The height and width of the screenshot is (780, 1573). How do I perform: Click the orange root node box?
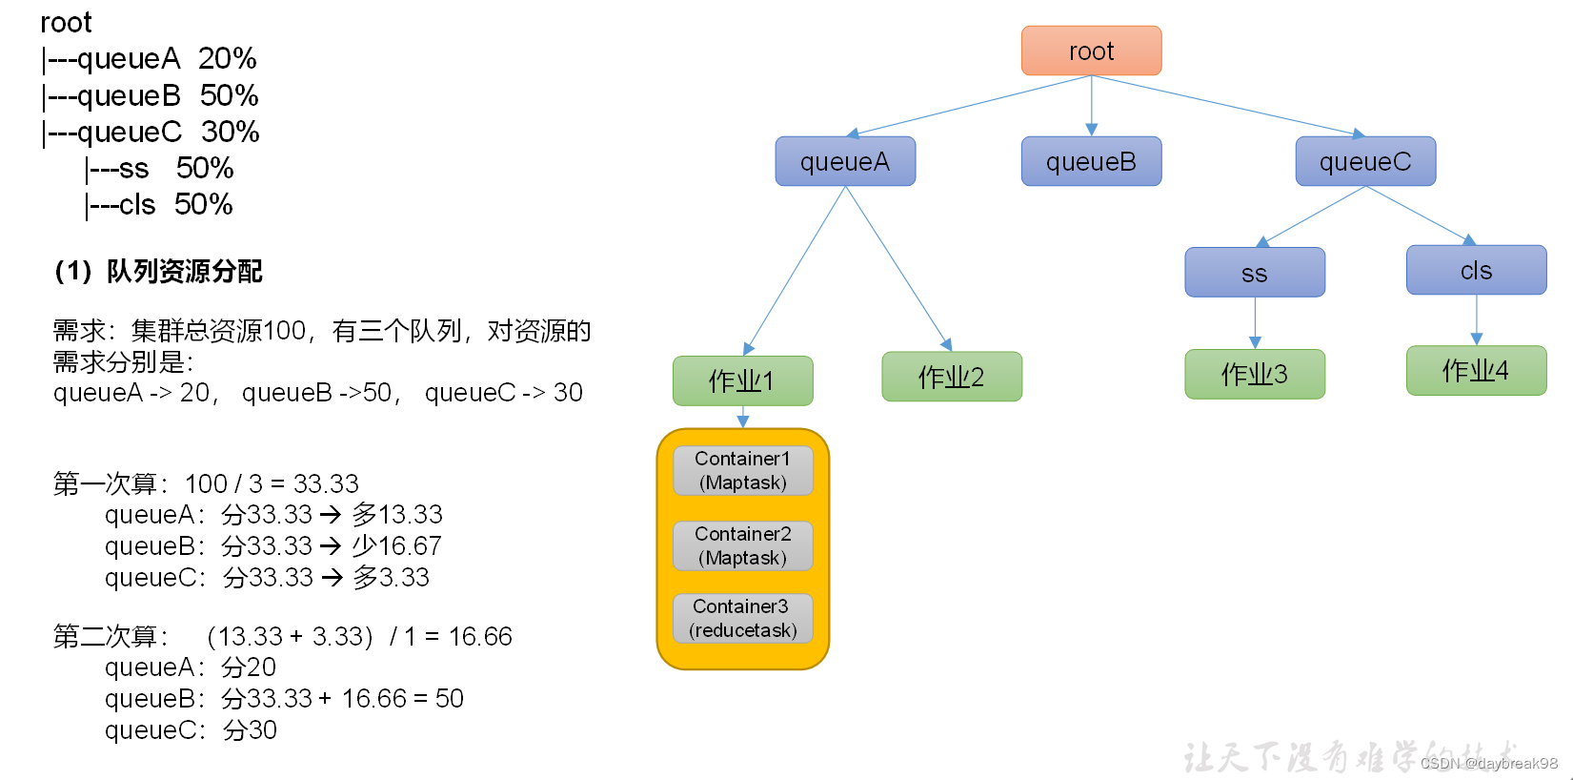1091,51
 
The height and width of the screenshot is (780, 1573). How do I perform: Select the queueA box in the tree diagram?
845,161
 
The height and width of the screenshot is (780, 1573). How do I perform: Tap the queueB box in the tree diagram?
1091,161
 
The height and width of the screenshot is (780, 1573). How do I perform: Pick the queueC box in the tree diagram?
1365,161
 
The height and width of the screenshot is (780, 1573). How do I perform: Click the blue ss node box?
1255,273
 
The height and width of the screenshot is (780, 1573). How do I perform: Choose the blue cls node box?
1476,270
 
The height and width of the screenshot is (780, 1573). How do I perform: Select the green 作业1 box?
742,380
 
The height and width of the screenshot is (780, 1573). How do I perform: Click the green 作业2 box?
952,377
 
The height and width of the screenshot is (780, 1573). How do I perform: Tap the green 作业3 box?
1255,374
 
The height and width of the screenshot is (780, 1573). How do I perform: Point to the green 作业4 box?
1476,370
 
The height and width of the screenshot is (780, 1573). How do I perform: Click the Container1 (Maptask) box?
743,470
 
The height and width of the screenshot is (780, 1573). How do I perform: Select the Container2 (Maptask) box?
743,545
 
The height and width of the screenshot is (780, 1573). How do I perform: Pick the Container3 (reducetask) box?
743,618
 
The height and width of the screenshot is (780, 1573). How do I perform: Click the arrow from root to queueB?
1092,105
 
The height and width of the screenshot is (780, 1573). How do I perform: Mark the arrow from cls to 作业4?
1477,319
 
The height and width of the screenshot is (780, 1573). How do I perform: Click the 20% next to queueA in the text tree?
227,59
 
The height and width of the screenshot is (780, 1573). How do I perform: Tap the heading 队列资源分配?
183,272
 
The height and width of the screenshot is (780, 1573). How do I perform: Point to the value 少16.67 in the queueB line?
396,545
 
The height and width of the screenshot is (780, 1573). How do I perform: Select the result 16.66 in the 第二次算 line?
480,636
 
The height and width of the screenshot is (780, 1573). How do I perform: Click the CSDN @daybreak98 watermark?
1488,763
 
